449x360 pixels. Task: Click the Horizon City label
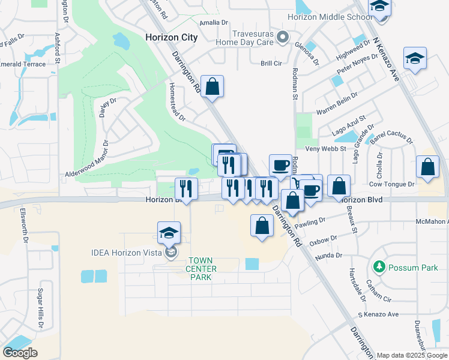pyautogui.click(x=171, y=37)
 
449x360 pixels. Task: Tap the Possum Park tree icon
pyautogui.click(x=379, y=266)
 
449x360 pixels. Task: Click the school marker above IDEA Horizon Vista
pyautogui.click(x=169, y=233)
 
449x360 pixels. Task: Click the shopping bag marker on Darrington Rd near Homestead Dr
pyautogui.click(x=212, y=86)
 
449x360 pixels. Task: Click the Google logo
pyautogui.click(x=20, y=352)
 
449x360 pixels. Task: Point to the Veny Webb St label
pyautogui.click(x=326, y=149)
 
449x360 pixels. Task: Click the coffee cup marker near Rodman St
pyautogui.click(x=280, y=165)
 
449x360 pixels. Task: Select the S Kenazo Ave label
pyautogui.click(x=378, y=314)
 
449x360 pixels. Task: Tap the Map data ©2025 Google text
pyautogui.click(x=412, y=355)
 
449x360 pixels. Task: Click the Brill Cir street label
pyautogui.click(x=271, y=63)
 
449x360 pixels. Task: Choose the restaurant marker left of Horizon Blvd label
pyautogui.click(x=186, y=190)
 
